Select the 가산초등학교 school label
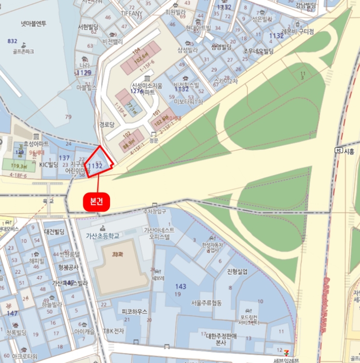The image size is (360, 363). pos(102,236)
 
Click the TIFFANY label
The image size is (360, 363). pos(131,13)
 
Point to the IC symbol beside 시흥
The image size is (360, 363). pos(339,151)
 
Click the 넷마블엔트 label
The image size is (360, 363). pos(33,23)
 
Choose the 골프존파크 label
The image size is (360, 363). pos(23,52)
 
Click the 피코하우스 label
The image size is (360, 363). pos(134,312)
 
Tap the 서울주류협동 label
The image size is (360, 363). pos(206,303)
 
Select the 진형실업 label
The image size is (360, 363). pos(237,272)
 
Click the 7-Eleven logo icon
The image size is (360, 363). pos(280,353)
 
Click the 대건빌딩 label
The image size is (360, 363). pos(54,232)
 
